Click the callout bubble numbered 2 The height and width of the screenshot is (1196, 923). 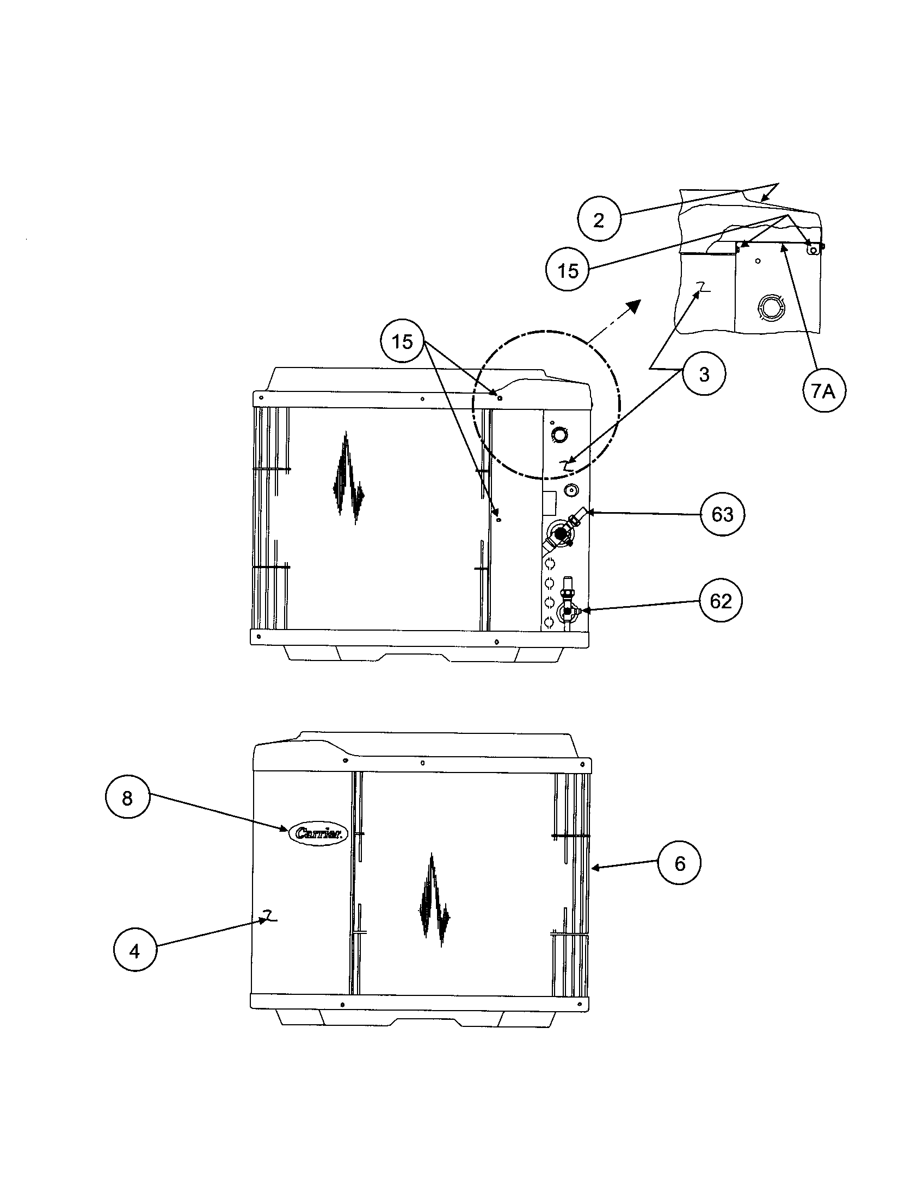coord(599,220)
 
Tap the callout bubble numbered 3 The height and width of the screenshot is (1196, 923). coord(704,375)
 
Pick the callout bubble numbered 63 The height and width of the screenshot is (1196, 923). coord(722,514)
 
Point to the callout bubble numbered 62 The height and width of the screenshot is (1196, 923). coord(721,601)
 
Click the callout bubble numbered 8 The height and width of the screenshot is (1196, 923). coord(127,798)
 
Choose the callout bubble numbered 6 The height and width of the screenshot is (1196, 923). coord(680,864)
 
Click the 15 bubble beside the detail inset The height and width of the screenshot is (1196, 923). coord(568,271)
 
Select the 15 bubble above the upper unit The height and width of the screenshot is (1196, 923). coord(402,342)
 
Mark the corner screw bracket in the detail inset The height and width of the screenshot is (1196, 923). coord(815,249)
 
